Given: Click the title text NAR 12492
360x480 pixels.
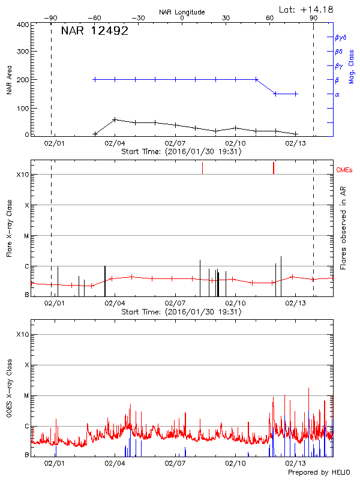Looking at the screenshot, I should [x=95, y=31].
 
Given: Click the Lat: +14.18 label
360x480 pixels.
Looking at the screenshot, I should [x=307, y=9].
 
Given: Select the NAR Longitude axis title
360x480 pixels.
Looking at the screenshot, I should [x=182, y=12].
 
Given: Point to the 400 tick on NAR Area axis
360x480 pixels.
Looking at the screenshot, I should [x=22, y=25].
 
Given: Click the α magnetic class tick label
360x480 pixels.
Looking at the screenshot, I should [x=337, y=94].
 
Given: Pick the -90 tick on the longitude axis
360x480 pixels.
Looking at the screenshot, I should [x=52, y=18].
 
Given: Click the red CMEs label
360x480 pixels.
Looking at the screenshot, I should [x=345, y=171].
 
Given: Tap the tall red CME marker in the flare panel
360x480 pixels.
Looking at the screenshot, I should [x=274, y=167].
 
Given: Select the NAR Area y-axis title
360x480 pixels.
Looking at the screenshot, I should [x=9, y=80].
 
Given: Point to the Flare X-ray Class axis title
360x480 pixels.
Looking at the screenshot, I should [x=9, y=228].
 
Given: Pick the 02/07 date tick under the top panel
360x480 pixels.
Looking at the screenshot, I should [x=175, y=144].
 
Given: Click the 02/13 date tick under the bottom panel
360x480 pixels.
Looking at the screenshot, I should [x=295, y=463].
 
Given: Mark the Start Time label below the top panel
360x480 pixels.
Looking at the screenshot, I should [x=181, y=152].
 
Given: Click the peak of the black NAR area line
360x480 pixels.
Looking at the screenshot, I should [x=115, y=119].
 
